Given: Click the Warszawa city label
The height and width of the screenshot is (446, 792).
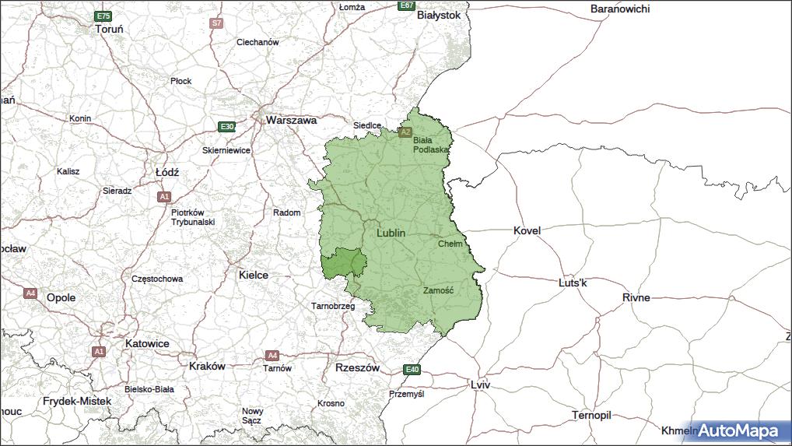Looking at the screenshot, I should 291,121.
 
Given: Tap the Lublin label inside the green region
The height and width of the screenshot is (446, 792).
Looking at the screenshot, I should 391,233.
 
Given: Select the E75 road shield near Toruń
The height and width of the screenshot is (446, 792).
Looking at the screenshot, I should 101,16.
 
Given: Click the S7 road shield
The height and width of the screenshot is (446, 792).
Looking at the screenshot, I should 216,23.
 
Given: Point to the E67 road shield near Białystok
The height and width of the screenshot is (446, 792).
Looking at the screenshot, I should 405,5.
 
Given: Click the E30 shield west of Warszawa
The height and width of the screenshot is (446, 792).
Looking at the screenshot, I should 226,126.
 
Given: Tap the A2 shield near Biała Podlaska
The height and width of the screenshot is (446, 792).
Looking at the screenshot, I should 405,132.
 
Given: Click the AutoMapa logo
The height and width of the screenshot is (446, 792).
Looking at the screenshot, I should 737,430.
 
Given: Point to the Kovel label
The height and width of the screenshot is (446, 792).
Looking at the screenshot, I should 527,230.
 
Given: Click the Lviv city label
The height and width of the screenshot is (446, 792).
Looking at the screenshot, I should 481,385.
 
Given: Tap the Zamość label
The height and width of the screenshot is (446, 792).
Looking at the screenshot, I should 438,290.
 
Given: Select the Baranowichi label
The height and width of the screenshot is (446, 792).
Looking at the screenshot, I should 620,9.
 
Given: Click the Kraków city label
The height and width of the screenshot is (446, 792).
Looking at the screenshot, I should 207,366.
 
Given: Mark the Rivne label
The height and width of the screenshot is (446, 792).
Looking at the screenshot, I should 636,297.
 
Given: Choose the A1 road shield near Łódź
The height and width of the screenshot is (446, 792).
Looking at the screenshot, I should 163,197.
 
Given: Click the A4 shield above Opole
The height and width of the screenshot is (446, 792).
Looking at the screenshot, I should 30,293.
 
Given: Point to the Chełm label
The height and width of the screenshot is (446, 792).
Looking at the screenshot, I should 450,244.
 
